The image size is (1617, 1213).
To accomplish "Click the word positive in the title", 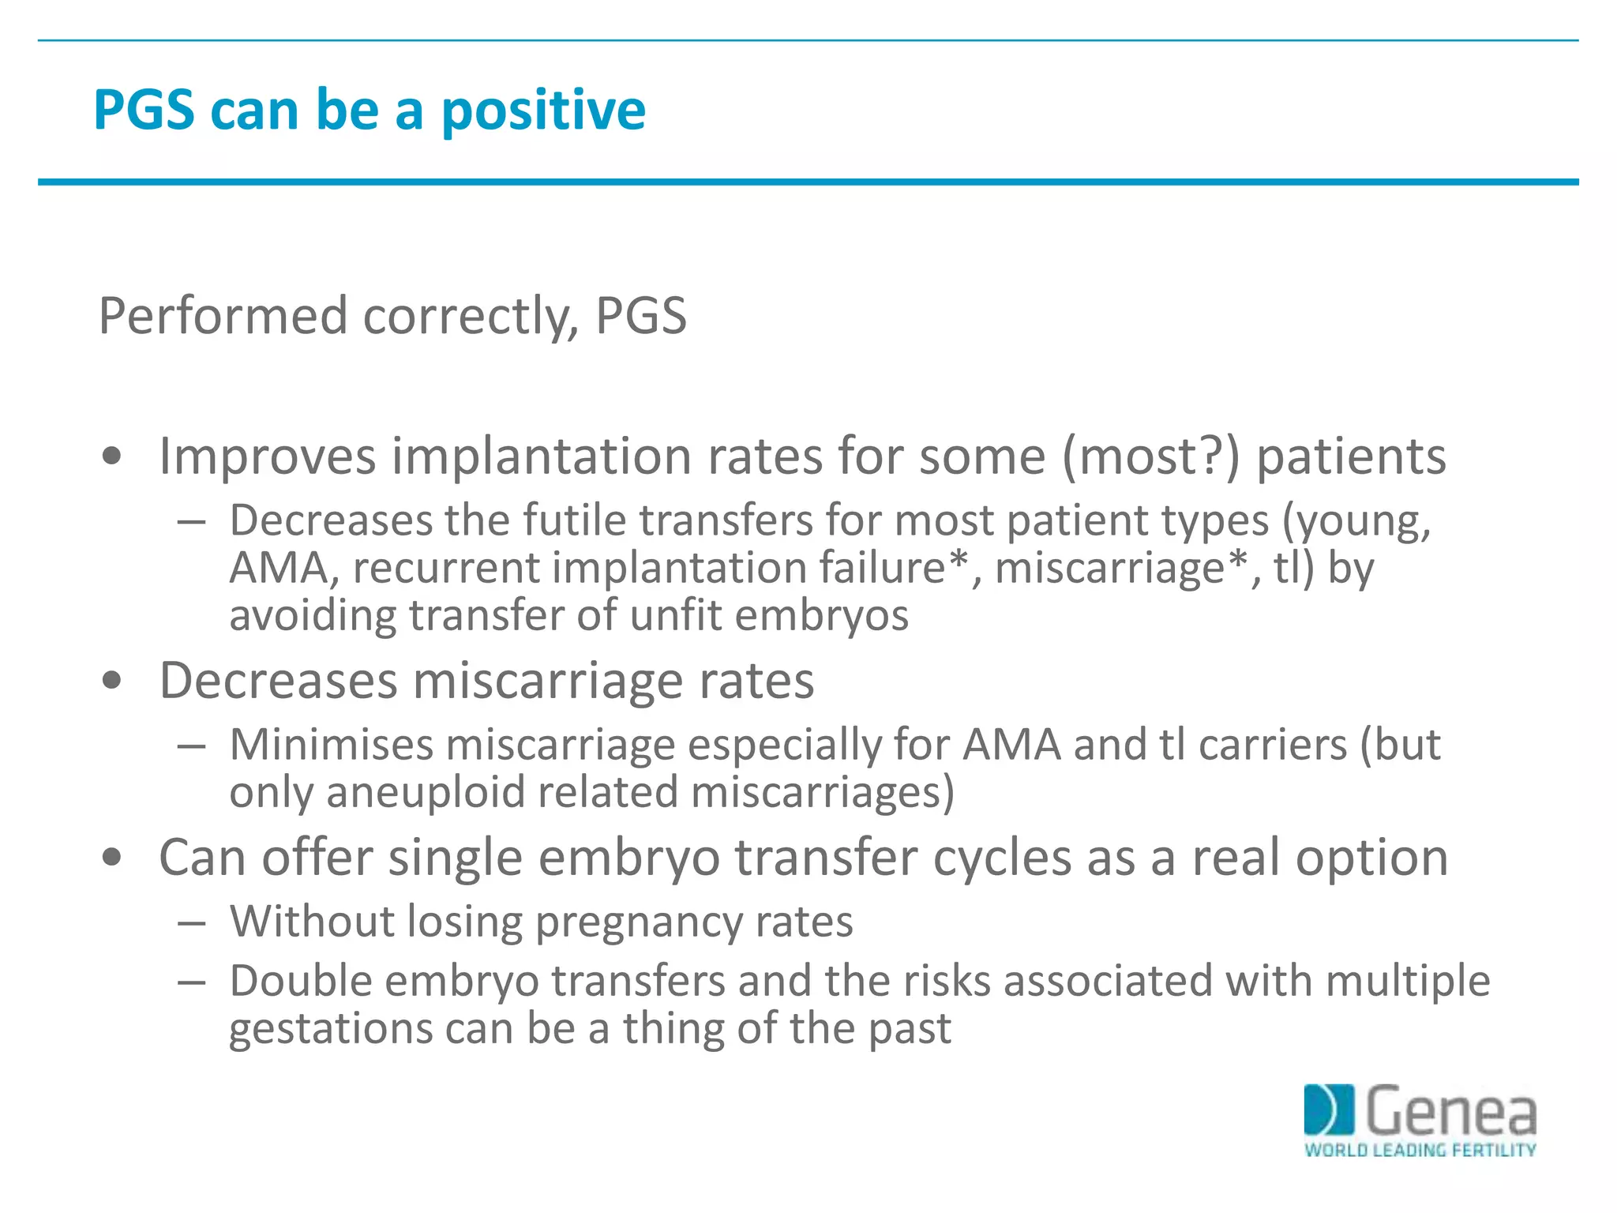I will pyautogui.click(x=543, y=111).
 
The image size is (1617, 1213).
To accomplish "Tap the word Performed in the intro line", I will pyautogui.click(x=223, y=316).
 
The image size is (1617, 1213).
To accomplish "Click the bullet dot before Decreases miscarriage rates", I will pyautogui.click(x=112, y=681).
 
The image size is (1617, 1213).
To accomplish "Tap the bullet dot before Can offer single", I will pyautogui.click(x=112, y=858).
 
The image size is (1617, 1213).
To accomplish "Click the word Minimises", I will pyautogui.click(x=332, y=745).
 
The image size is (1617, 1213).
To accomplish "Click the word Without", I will pyautogui.click(x=312, y=922).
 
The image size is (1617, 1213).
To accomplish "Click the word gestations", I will pyautogui.click(x=331, y=1030).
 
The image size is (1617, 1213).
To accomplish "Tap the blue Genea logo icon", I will pyautogui.click(x=1329, y=1110).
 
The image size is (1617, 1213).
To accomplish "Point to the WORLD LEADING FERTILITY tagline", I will pyautogui.click(x=1420, y=1150).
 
